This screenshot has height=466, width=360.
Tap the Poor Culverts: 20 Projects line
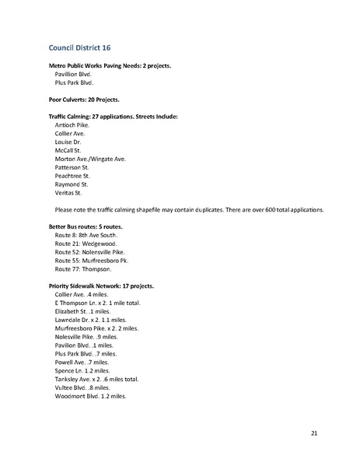[x=86, y=100]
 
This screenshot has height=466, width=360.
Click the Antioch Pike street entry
[x=72, y=124]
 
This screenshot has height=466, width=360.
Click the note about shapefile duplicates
[x=183, y=210]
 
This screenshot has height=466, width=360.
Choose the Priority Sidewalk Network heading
[x=101, y=286]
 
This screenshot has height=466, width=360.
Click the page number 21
[x=313, y=433]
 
